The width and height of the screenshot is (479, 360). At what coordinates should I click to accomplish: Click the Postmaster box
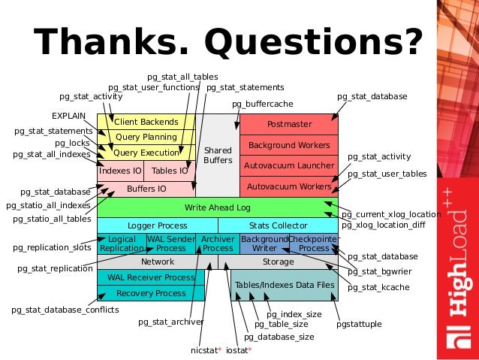tap(289, 123)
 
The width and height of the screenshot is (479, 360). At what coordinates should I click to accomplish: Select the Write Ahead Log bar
tap(217, 207)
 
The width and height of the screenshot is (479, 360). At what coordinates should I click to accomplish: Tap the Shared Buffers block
tap(218, 156)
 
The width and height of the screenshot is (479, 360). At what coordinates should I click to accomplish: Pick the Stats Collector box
tap(278, 225)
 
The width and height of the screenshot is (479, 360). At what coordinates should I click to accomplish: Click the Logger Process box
tap(157, 225)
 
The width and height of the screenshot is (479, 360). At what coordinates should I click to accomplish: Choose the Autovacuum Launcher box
tap(289, 165)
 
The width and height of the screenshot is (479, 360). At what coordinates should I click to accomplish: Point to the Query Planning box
tap(146, 138)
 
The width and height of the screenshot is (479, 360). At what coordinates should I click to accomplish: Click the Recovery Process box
tap(151, 293)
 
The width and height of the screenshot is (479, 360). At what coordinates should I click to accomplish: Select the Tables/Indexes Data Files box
tap(284, 286)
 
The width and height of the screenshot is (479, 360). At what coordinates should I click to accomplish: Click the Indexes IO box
tap(120, 171)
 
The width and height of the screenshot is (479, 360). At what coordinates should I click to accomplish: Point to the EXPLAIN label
tap(68, 116)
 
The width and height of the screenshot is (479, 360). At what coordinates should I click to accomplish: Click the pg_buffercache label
tap(262, 103)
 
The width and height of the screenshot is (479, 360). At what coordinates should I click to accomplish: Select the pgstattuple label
tap(359, 324)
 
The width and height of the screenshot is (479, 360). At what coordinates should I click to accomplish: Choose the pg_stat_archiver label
tap(171, 322)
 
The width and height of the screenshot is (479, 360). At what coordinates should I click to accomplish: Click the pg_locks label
tap(72, 143)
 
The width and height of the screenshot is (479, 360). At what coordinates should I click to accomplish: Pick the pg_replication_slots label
tap(52, 247)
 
